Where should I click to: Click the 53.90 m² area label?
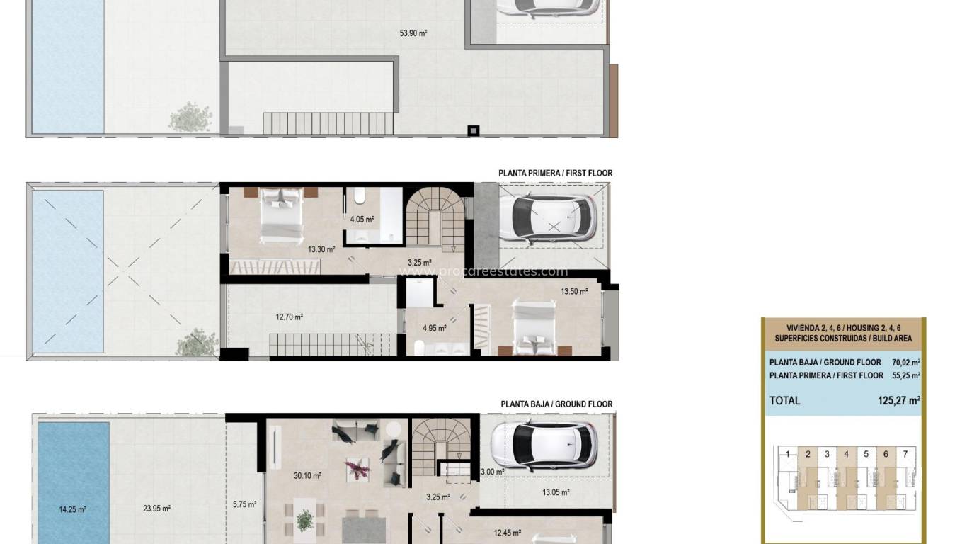[413, 33]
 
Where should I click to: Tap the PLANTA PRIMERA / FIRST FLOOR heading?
[555, 173]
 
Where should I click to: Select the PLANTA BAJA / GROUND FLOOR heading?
[556, 404]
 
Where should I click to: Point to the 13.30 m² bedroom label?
[321, 249]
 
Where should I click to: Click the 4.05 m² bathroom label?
[362, 220]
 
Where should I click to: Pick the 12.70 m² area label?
[289, 317]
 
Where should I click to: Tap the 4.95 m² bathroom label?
[434, 328]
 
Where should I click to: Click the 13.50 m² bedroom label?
[574, 291]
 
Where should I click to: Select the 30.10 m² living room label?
[307, 476]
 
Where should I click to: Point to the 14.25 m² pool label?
[72, 509]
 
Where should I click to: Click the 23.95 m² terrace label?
[156, 508]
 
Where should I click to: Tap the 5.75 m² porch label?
[244, 505]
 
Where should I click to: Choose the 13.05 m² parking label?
[556, 492]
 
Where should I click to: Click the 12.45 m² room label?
[507, 533]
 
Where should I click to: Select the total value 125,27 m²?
[898, 400]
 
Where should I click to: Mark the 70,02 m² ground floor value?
[906, 363]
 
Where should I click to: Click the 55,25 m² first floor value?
[906, 375]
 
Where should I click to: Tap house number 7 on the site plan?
[904, 454]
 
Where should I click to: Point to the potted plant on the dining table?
[305, 521]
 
